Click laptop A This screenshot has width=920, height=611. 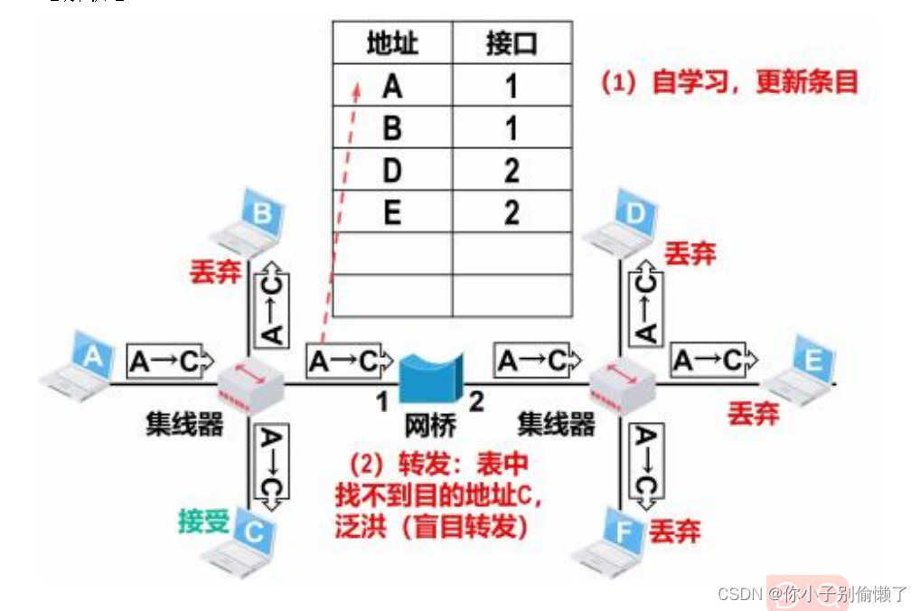(x=80, y=364)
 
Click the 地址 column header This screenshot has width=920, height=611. (x=392, y=43)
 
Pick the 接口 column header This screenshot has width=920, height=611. (x=512, y=43)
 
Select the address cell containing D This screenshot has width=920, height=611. (x=392, y=170)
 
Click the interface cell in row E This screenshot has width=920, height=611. (x=512, y=212)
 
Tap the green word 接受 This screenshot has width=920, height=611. (x=203, y=522)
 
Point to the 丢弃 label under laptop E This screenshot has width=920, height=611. (x=753, y=415)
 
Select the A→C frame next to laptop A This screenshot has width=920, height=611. (x=170, y=361)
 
